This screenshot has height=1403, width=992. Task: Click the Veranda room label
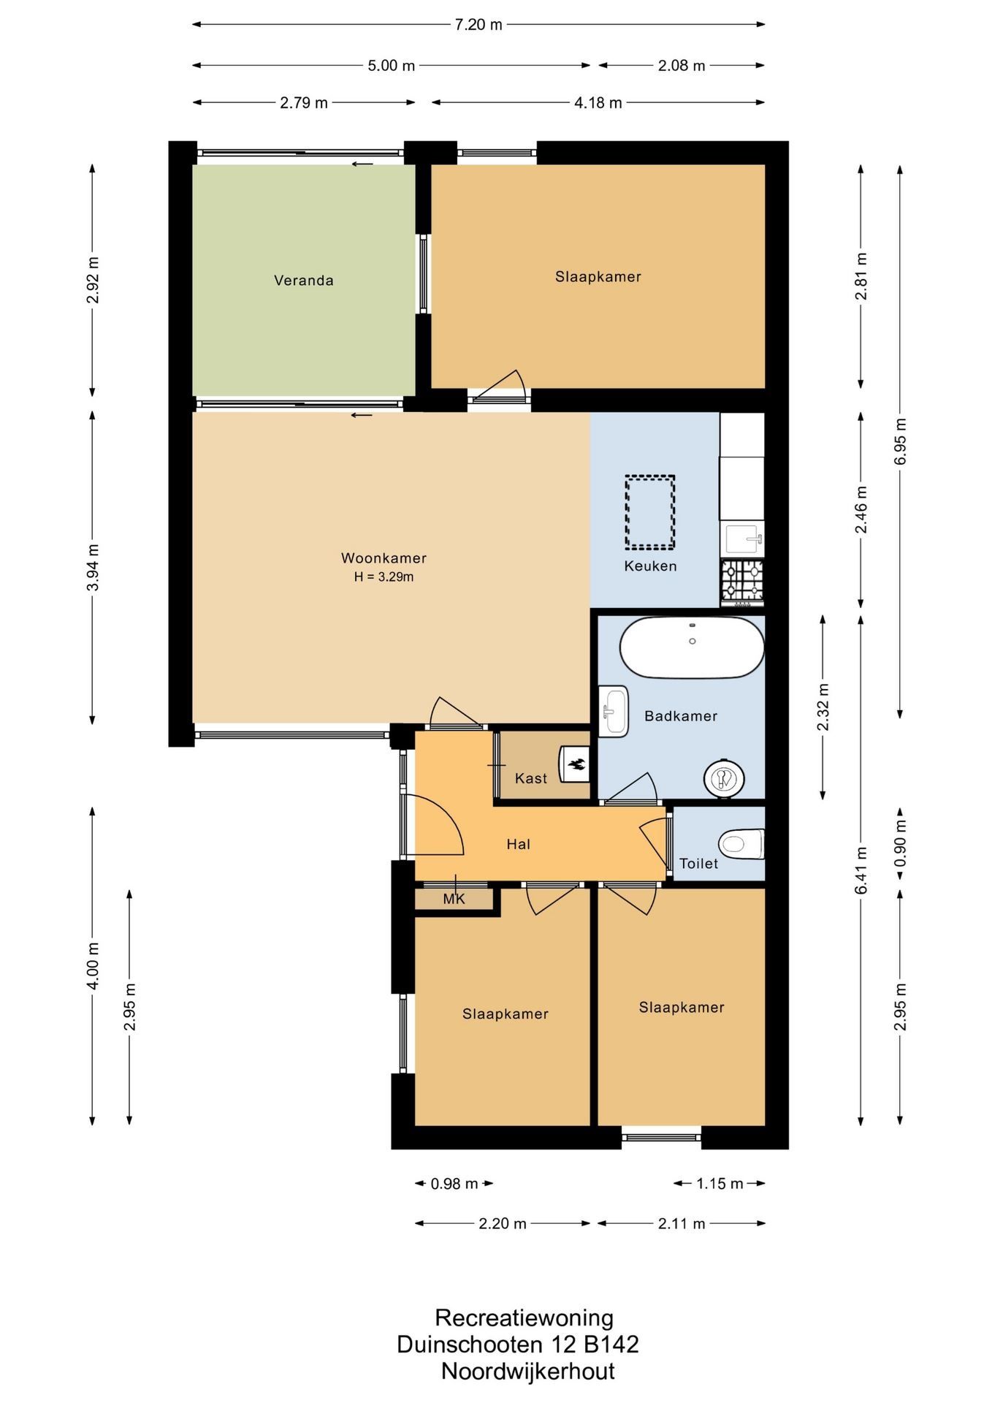pyautogui.click(x=303, y=281)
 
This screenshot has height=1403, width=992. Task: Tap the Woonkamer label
pyautogui.click(x=384, y=558)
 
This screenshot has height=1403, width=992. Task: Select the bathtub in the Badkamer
pyautogui.click(x=692, y=647)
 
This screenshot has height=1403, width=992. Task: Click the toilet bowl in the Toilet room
pyautogui.click(x=741, y=844)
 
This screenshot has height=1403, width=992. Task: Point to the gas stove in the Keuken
pyautogui.click(x=742, y=582)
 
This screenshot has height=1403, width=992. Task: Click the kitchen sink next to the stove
pyautogui.click(x=742, y=539)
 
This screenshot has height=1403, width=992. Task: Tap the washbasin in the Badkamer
pyautogui.click(x=613, y=711)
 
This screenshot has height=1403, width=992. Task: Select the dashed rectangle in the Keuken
pyautogui.click(x=649, y=512)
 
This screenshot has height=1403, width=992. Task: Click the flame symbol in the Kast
pyautogui.click(x=577, y=765)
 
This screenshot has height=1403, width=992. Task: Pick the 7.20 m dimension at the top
pyautogui.click(x=478, y=25)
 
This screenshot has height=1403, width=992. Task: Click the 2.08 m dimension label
pyautogui.click(x=682, y=66)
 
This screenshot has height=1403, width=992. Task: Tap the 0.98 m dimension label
pyautogui.click(x=454, y=1184)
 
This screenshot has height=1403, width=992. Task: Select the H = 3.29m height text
pyautogui.click(x=384, y=577)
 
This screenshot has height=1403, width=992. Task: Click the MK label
pyautogui.click(x=454, y=900)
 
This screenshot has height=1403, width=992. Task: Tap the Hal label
pyautogui.click(x=518, y=845)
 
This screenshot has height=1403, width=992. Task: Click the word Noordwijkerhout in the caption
pyautogui.click(x=527, y=1372)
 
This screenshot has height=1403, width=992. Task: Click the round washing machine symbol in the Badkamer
pyautogui.click(x=723, y=778)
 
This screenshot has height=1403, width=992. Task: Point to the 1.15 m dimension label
pyautogui.click(x=720, y=1184)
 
